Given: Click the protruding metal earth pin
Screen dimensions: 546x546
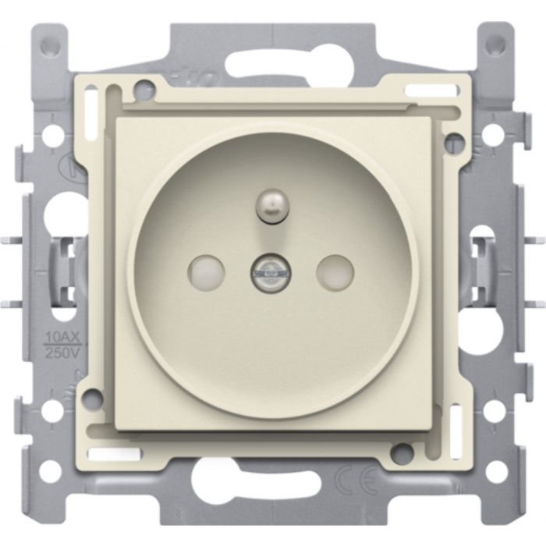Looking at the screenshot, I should tap(273, 206).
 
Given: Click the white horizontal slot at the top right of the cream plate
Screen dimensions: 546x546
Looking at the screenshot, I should tap(431, 90).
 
